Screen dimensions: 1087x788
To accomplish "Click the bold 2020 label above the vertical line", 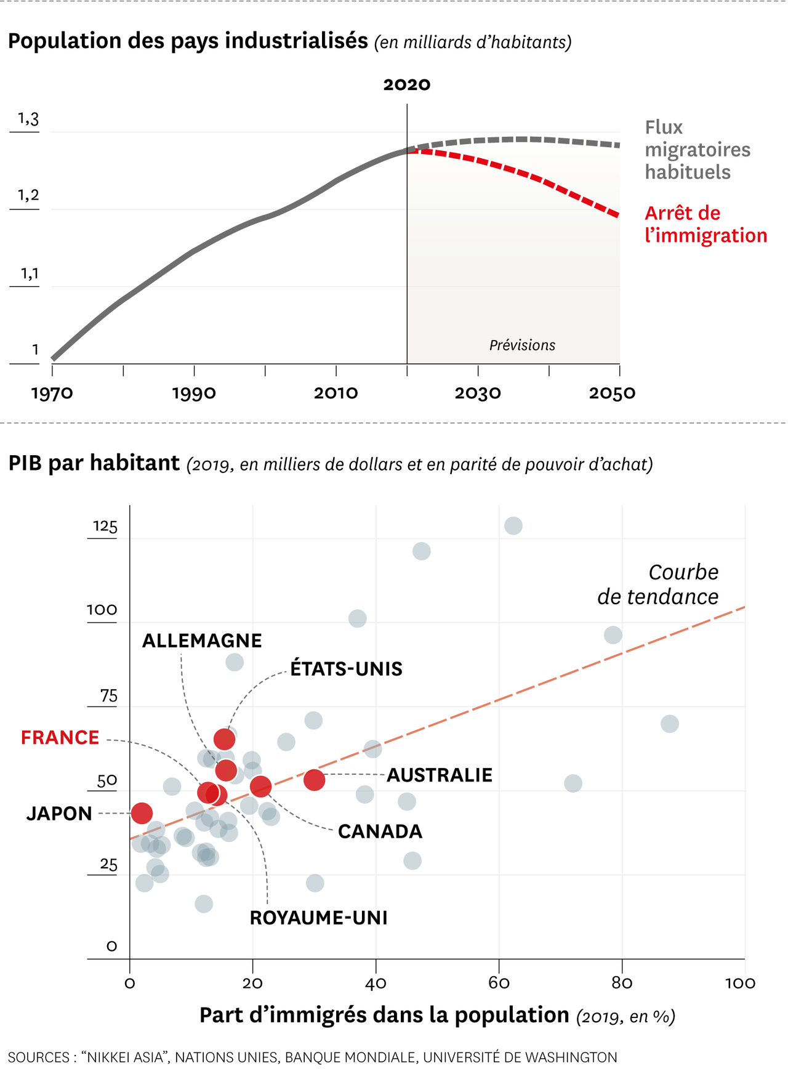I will click(406, 84).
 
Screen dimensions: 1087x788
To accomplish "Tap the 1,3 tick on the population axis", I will click(28, 119).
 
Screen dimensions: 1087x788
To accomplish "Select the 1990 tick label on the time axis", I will click(194, 394).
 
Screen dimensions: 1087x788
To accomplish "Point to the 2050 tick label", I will click(612, 394).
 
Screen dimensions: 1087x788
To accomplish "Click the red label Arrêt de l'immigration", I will click(706, 224).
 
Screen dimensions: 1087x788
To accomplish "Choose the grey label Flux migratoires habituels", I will click(697, 150).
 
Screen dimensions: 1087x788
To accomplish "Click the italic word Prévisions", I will click(522, 345).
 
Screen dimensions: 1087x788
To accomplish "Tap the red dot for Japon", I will click(142, 813).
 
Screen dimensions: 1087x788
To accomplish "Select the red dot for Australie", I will click(314, 780).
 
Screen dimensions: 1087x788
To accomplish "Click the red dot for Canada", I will click(260, 786).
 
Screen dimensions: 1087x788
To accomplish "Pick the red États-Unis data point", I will click(224, 738).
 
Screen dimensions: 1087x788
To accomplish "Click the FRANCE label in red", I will click(60, 738).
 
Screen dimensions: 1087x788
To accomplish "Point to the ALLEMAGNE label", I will click(202, 641).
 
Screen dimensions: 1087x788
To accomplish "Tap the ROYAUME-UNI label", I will click(318, 918).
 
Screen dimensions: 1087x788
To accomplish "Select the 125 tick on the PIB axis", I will click(105, 527).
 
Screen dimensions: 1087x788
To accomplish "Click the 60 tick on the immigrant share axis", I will click(499, 984).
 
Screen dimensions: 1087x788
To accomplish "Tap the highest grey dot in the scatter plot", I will click(513, 526).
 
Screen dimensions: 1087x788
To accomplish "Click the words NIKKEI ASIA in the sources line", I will click(126, 1057).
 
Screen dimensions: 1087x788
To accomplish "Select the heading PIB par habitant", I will click(94, 463).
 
